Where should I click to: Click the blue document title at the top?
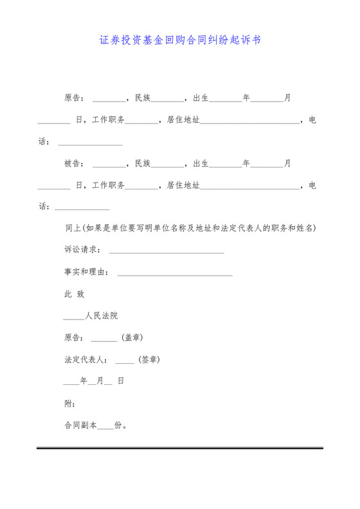click(x=180, y=40)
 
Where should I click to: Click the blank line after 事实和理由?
click(x=174, y=274)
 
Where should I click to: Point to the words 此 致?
click(x=75, y=294)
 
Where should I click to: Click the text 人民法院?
click(x=102, y=316)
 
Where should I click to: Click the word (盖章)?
click(x=132, y=337)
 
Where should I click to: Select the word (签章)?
click(x=149, y=359)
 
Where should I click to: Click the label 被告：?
click(x=75, y=163)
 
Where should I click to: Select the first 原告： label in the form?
click(x=75, y=98)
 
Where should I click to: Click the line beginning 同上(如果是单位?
click(x=190, y=228)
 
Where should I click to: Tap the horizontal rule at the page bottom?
click(x=180, y=448)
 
